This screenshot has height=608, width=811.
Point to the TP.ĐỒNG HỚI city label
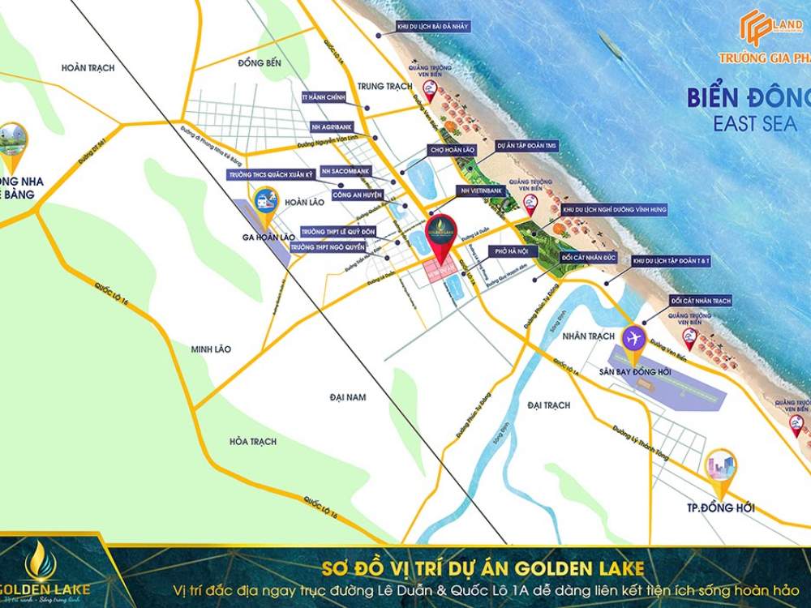pos(719,507)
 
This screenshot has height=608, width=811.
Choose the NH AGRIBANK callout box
pos(331,128)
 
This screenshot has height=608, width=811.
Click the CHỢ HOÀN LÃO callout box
pos(453,150)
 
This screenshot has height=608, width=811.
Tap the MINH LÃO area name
pos(211,349)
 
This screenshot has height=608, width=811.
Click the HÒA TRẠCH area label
pos(252,441)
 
